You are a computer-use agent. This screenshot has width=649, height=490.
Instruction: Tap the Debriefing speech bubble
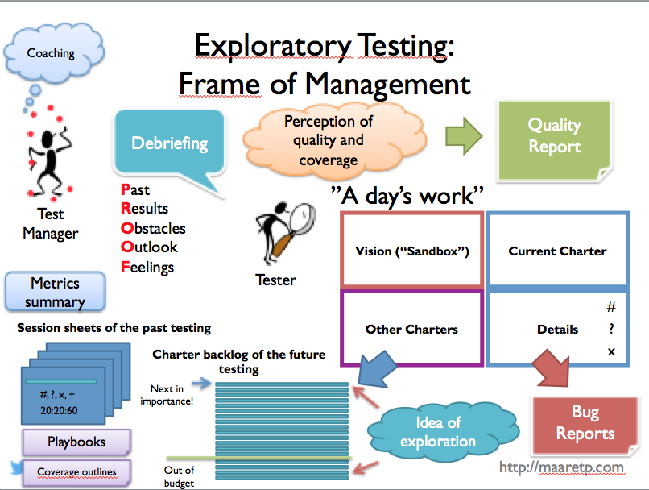[x=169, y=144]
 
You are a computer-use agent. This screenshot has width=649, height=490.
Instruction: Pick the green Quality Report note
[x=554, y=137]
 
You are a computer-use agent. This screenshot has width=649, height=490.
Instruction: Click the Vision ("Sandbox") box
[x=411, y=251]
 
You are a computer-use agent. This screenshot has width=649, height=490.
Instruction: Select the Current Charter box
[x=557, y=251]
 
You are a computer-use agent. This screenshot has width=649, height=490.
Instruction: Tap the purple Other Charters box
[x=411, y=329]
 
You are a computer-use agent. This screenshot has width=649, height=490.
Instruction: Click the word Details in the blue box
[x=557, y=329]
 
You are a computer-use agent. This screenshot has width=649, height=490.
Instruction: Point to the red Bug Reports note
[x=585, y=423]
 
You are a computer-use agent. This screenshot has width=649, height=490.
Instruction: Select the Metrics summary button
[x=55, y=293]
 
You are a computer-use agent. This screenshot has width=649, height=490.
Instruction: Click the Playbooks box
[x=76, y=442]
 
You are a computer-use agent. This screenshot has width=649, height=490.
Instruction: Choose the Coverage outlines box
[x=76, y=472]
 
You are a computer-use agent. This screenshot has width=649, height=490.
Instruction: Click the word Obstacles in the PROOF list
[x=153, y=229]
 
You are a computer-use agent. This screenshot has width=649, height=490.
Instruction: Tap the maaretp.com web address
[x=561, y=467]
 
